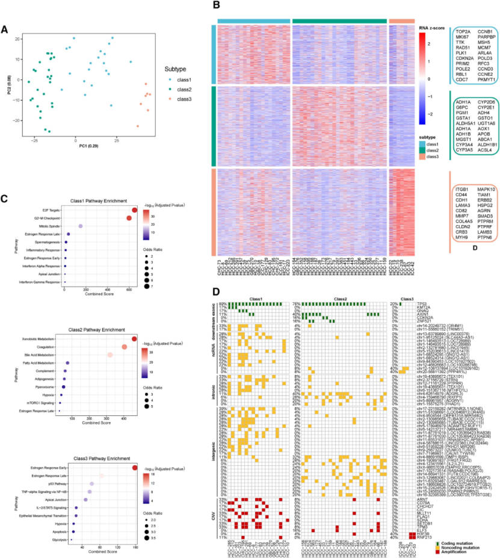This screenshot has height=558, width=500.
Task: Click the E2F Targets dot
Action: click(135, 210)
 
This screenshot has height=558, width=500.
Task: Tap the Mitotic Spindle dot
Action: click(81, 226)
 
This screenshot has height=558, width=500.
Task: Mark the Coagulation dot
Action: click(124, 349)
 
